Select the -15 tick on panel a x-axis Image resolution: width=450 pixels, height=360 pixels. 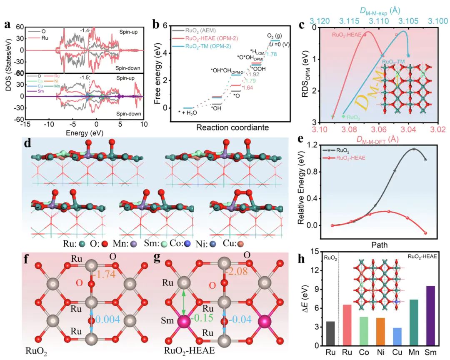click(x=25, y=125)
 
